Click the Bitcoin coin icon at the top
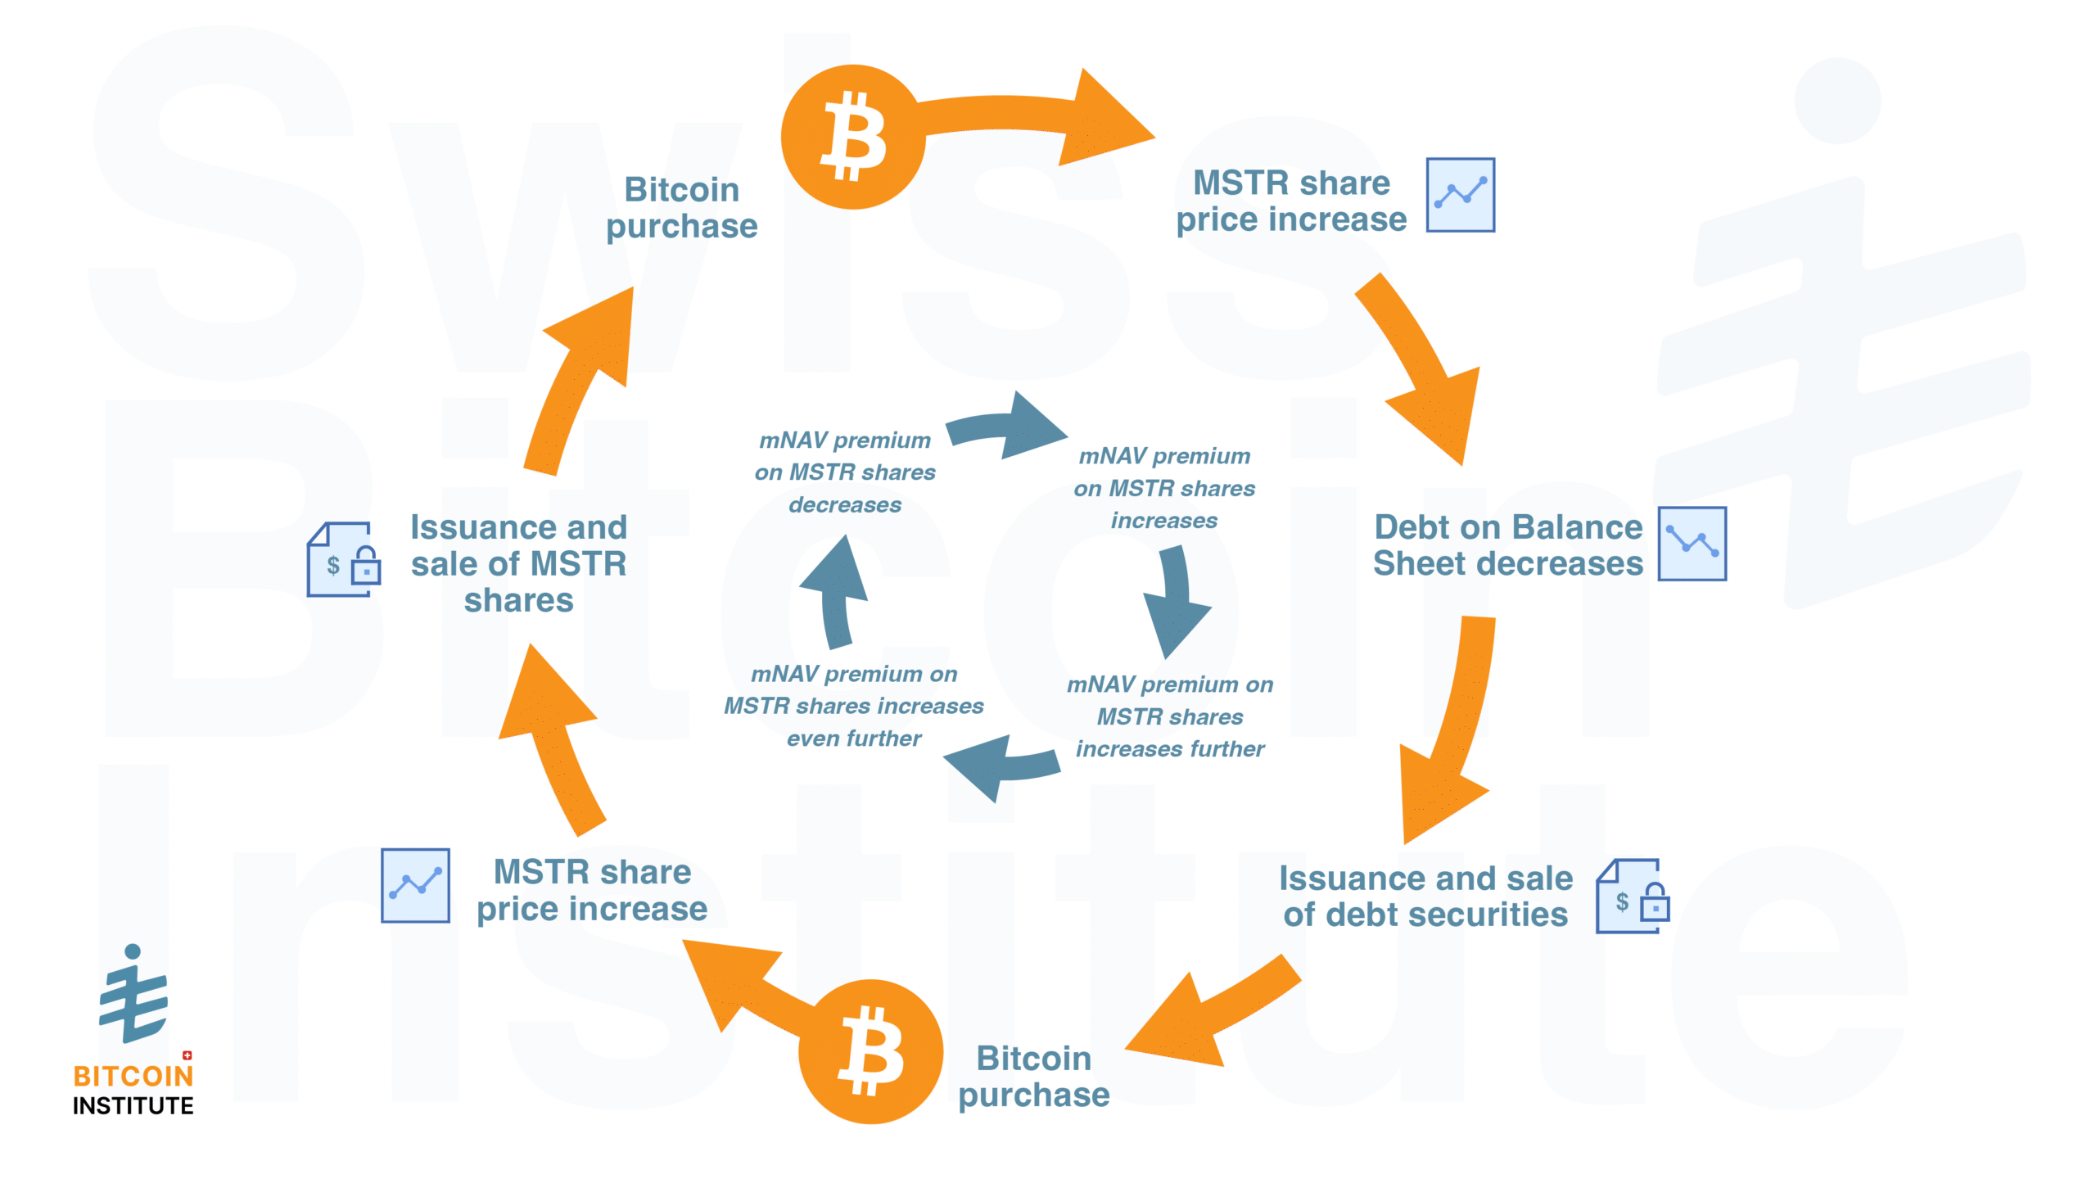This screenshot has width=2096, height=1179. pos(852,137)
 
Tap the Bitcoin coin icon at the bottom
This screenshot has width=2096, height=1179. pos(870,1051)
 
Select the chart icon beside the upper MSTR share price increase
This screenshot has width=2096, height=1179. pos(1460,195)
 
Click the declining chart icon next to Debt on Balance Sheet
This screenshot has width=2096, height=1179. pos(1692,543)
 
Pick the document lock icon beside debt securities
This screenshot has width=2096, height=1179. pos(1632,897)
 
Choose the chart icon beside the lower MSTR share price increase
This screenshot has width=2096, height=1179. pos(415,885)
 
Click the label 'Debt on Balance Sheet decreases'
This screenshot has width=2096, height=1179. pos(1507,545)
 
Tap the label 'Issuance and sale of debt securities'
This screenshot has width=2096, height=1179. pos(1425,896)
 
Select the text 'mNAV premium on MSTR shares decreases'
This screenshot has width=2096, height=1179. pos(845,472)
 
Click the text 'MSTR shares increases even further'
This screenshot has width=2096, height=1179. pos(854,706)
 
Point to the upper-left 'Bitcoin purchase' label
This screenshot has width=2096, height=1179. pos(681,207)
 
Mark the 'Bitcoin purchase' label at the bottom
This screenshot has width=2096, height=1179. pos(1033,1076)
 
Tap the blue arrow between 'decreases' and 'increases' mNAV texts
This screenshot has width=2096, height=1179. pos(1007,427)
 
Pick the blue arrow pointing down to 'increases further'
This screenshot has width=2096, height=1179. pos(1176,602)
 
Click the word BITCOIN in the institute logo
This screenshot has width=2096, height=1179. pos(133,1076)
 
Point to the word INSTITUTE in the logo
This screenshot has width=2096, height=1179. pos(133,1106)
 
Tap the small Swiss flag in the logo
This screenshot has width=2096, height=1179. pos(187,1055)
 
